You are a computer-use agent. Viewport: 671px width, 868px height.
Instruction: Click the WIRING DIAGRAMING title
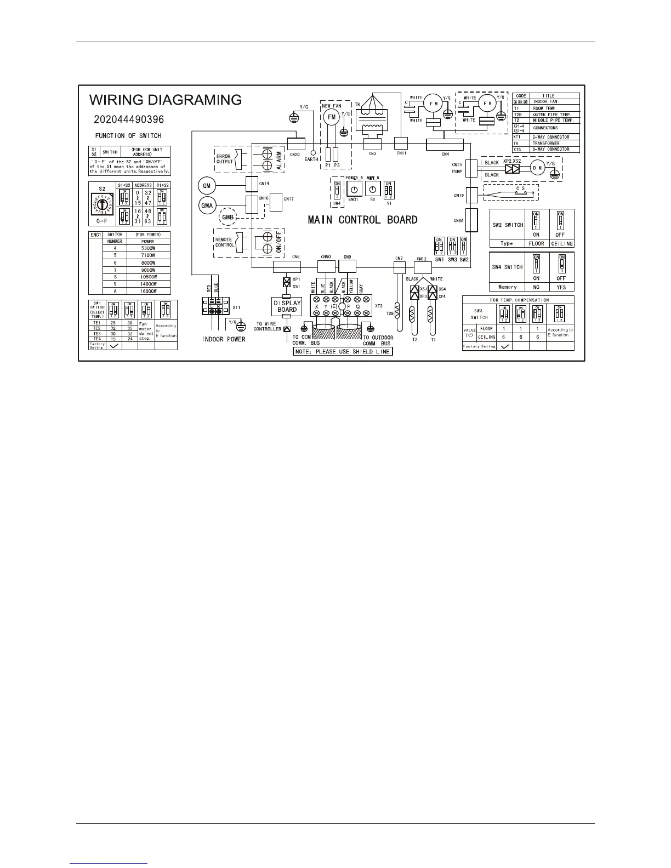coord(166,100)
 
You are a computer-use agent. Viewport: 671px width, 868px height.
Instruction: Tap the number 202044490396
coord(129,119)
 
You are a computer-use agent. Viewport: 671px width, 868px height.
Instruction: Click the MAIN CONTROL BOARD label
coord(362,220)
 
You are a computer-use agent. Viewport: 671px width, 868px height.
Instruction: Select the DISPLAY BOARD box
coord(287,306)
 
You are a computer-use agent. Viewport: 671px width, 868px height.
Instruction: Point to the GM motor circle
coord(207,186)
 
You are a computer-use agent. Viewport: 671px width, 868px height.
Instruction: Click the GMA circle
coord(207,205)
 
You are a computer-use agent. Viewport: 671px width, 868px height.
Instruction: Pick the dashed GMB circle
coord(228,217)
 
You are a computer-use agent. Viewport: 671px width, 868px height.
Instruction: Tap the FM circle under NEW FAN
coord(331,117)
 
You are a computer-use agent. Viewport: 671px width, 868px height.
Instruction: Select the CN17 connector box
coord(277,199)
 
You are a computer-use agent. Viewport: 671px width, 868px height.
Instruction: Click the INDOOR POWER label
coord(224,339)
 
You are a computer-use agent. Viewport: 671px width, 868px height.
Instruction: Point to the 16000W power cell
coord(147,292)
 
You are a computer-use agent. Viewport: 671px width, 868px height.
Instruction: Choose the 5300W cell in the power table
coord(147,248)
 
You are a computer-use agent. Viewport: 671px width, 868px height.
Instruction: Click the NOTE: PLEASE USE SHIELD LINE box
coord(343,351)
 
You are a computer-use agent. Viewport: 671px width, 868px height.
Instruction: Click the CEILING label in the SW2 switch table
coord(562,243)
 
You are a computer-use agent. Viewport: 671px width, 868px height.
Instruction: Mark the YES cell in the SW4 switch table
coord(561,287)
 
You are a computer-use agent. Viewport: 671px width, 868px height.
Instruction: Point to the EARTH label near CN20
coord(312,159)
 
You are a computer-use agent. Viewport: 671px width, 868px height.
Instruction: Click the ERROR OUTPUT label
coord(224,159)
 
